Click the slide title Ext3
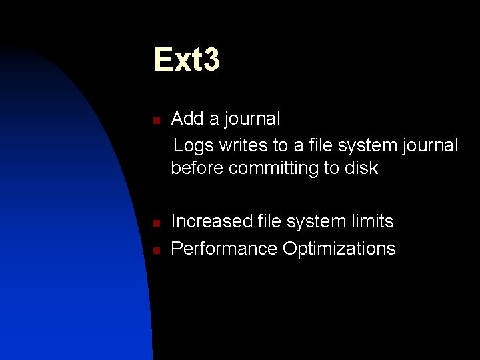click(187, 59)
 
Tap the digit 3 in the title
click(210, 59)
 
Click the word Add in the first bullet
click(187, 119)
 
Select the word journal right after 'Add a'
click(253, 119)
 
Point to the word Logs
click(191, 145)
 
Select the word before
click(197, 168)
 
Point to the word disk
click(361, 168)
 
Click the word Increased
click(208, 221)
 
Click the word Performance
click(224, 249)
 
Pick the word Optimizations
click(339, 249)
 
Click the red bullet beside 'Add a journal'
click(154, 121)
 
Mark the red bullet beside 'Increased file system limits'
click(154, 223)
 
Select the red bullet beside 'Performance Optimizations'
click(154, 251)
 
